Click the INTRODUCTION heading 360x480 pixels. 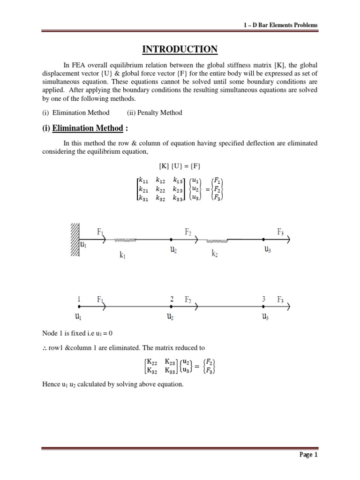coord(180,49)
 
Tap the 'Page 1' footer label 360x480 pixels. coord(309,454)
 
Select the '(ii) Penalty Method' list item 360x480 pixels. coord(154,112)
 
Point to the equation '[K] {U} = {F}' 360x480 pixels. coord(180,166)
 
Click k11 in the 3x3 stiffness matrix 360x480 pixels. coord(143,180)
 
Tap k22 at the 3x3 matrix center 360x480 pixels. coord(160,189)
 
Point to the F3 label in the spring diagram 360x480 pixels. coord(280,232)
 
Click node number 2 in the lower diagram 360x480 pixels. coord(172,299)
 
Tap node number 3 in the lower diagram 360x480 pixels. coord(265,299)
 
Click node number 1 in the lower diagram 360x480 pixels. coord(79,299)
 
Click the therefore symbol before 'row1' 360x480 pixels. coord(45,348)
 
